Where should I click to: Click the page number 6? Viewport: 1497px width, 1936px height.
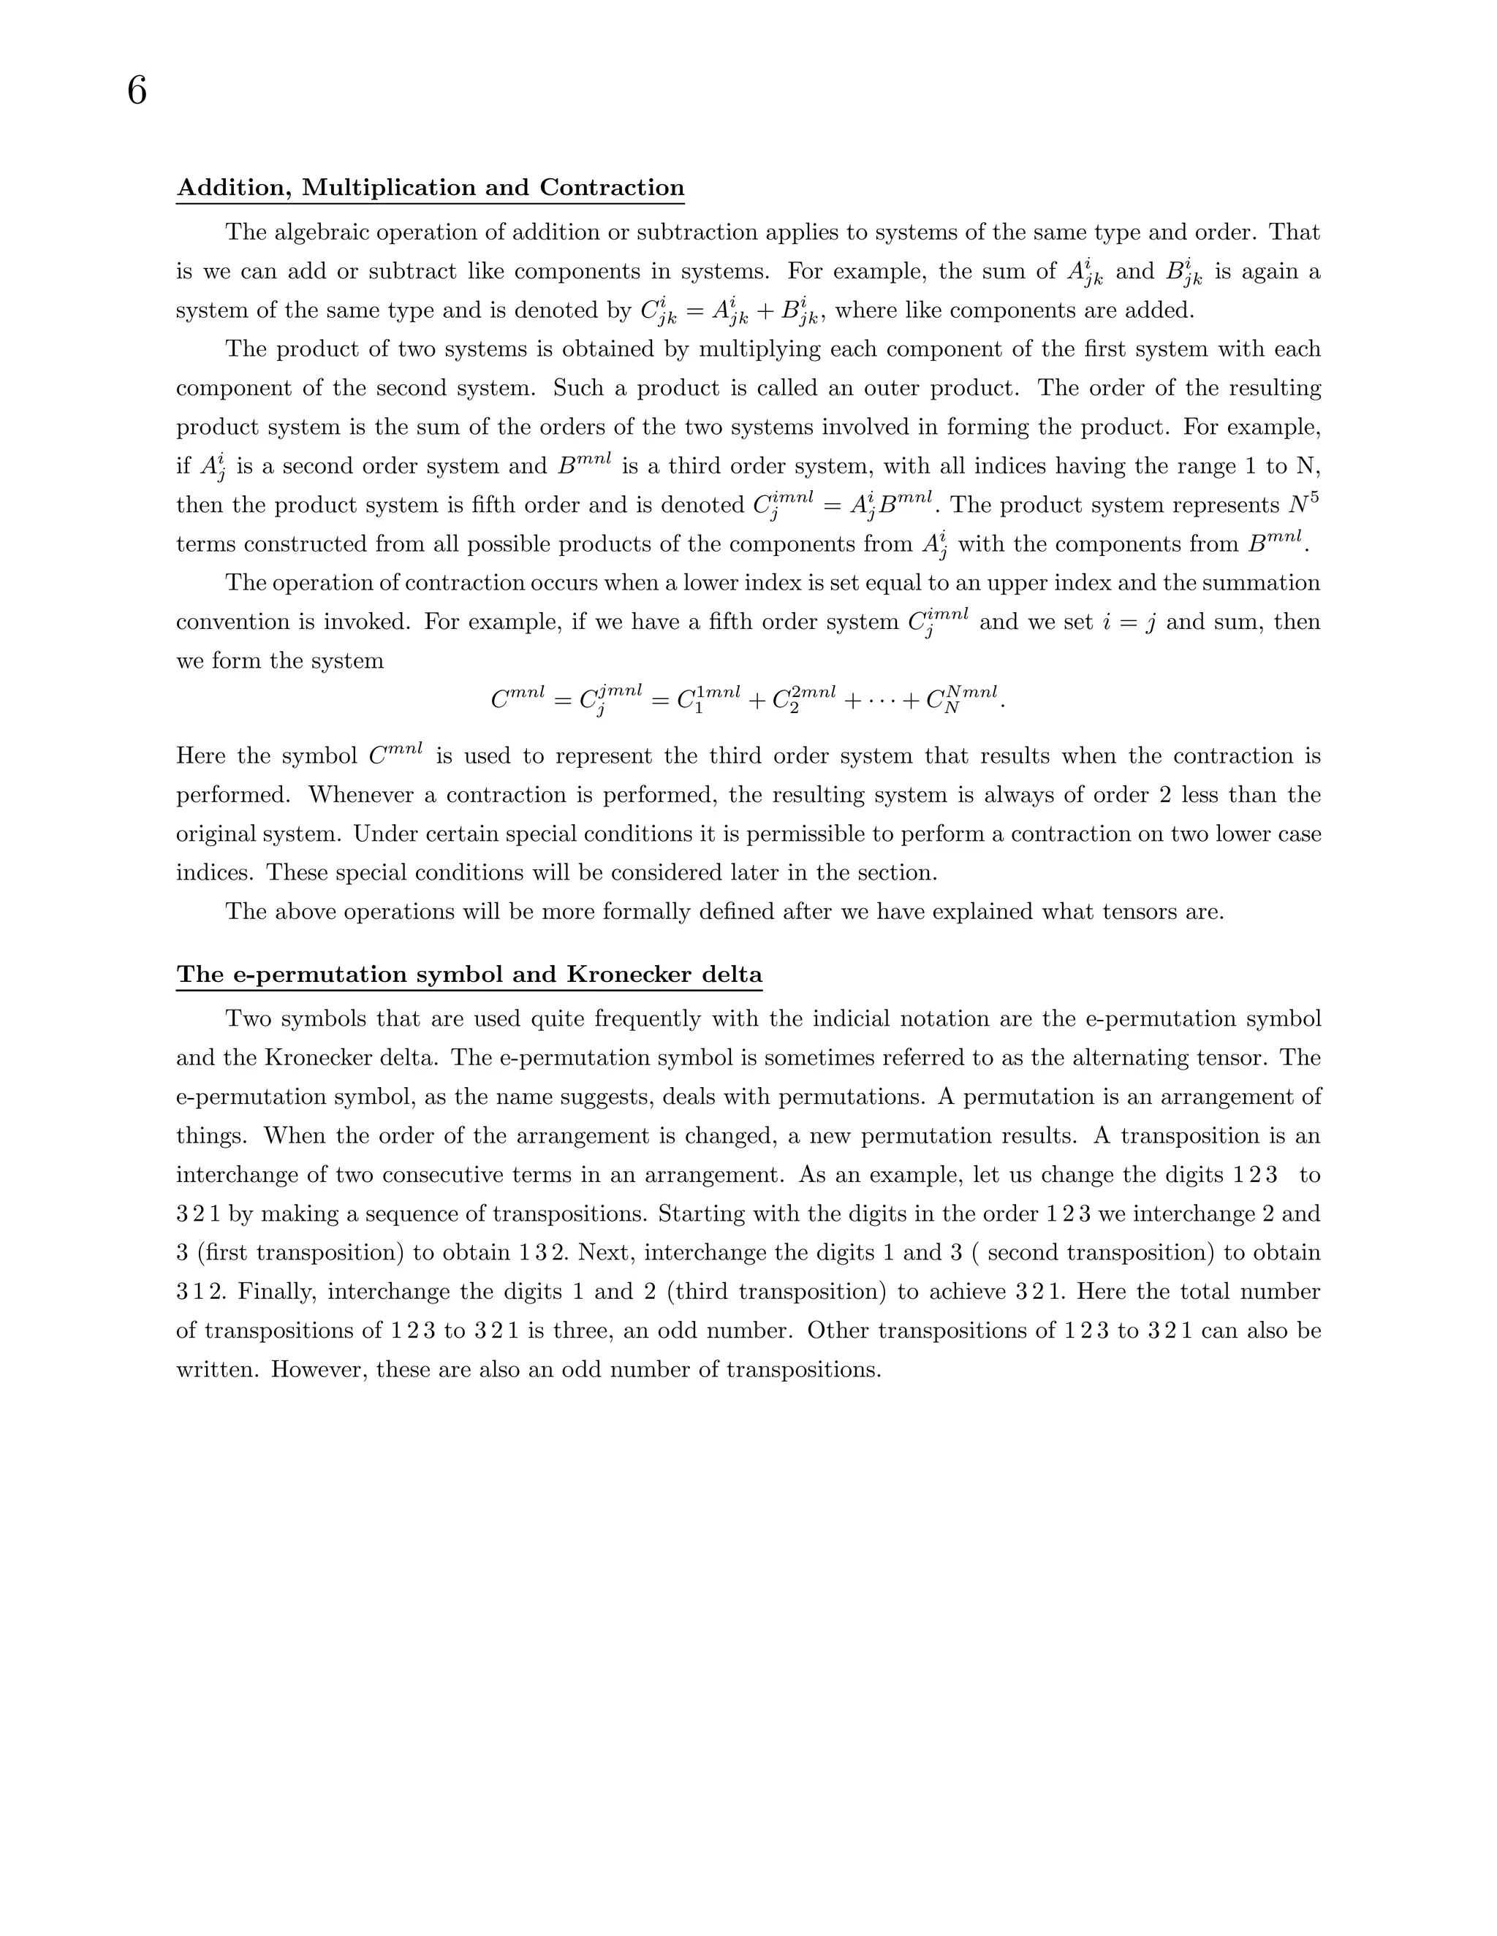[x=137, y=91]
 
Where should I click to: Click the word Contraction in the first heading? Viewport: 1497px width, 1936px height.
[x=612, y=188]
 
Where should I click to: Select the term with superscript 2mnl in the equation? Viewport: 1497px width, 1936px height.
[x=803, y=699]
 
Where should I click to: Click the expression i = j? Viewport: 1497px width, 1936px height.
[x=1128, y=622]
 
